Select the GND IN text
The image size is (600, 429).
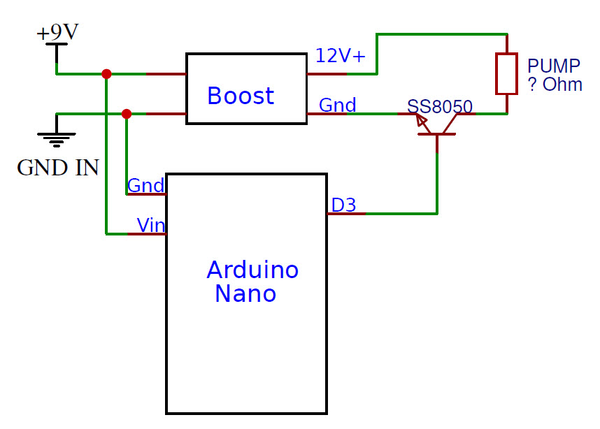57,168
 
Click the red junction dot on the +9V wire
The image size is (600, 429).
106,73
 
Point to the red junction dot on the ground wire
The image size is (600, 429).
127,114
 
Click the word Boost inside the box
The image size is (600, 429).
241,96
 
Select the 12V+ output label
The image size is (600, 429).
340,56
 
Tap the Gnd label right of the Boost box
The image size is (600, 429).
337,106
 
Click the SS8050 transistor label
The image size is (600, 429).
440,107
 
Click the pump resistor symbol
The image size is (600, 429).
506,73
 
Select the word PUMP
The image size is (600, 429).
553,66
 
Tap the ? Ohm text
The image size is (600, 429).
555,85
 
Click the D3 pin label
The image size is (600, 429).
343,205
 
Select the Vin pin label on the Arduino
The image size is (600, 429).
151,225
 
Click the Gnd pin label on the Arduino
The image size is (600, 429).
145,186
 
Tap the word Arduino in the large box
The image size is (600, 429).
252,270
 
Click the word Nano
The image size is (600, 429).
245,294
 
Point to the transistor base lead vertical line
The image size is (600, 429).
437,175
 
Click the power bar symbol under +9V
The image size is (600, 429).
57,45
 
